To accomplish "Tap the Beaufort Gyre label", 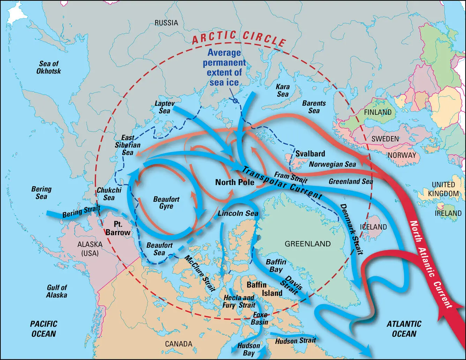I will [166, 203].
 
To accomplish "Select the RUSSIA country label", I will [166, 23].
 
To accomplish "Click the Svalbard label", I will [310, 154].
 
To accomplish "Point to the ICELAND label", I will [373, 227].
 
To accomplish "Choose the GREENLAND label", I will [307, 244].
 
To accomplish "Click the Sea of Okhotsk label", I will [49, 67].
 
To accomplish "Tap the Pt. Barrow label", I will [118, 228].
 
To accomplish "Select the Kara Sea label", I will [283, 91].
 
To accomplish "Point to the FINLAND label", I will [377, 112].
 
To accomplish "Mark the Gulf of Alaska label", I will [57, 291].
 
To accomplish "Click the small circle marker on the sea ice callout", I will [235, 101].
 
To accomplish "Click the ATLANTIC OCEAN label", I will [404, 329].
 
